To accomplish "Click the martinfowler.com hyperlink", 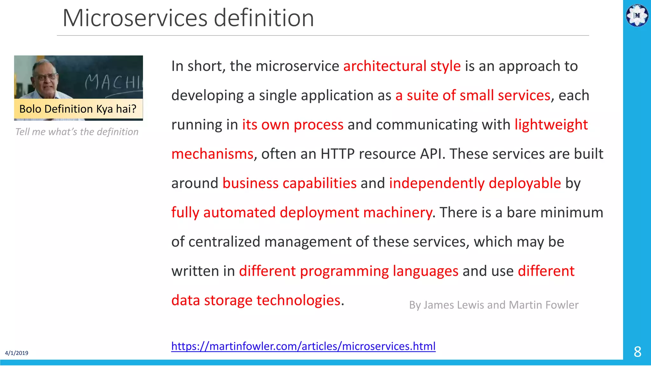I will [x=303, y=346].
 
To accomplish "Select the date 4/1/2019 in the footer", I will [x=17, y=353].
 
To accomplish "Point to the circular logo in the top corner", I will [x=637, y=15].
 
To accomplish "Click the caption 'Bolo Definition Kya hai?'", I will [x=78, y=109].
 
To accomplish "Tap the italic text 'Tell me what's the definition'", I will [x=77, y=132].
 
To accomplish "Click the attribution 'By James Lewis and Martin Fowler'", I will [x=494, y=305].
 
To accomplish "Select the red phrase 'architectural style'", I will [x=402, y=66].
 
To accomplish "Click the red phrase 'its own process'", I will [x=293, y=125].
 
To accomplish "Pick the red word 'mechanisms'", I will [x=212, y=154].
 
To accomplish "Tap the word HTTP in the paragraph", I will [x=337, y=154].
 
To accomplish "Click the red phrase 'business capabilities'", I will [x=290, y=183].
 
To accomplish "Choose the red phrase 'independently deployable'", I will [x=475, y=183].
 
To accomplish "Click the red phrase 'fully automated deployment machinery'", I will [x=302, y=213].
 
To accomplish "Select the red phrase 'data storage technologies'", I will [x=256, y=300].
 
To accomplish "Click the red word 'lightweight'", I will [x=551, y=125].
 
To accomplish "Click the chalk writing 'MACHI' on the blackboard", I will [x=113, y=82].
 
